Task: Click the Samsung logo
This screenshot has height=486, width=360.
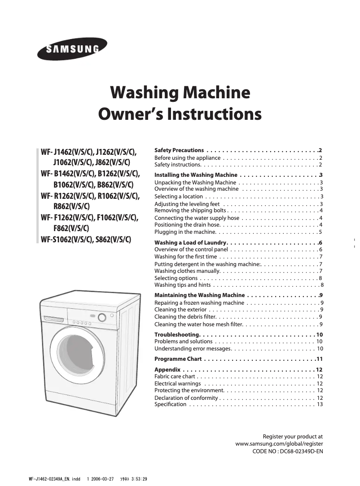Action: (x=72, y=49)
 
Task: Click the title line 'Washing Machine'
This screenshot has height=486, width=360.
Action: (x=180, y=93)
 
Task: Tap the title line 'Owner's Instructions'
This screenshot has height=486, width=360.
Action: (x=180, y=114)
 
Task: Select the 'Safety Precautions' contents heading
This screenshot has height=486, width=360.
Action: (x=179, y=150)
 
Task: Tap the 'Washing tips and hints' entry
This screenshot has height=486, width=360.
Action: (x=183, y=285)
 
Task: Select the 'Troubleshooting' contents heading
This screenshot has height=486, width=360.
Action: (x=177, y=335)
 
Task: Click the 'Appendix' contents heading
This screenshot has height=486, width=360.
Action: (x=167, y=370)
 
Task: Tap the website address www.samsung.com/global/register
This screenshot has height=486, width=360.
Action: (x=279, y=444)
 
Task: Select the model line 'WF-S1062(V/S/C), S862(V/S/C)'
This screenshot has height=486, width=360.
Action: (x=86, y=239)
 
